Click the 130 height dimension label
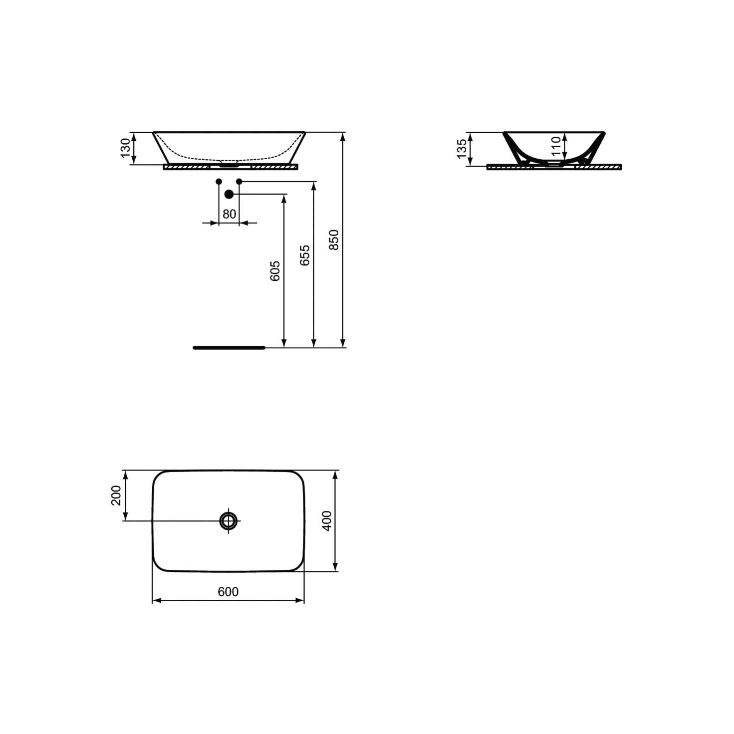coord(125,148)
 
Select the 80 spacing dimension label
coord(229,215)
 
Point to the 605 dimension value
coord(275,271)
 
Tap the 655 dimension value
coord(305,255)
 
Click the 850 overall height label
coord(334,240)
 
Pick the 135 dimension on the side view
coord(462,149)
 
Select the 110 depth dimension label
coord(556,146)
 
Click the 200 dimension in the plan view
coord(116,495)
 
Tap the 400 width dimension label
coord(327,520)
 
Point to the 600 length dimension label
coord(228,592)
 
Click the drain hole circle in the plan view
coord(229,520)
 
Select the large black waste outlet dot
coord(229,194)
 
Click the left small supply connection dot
coord(219,181)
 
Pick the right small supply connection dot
coord(239,181)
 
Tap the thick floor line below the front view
coord(229,348)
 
